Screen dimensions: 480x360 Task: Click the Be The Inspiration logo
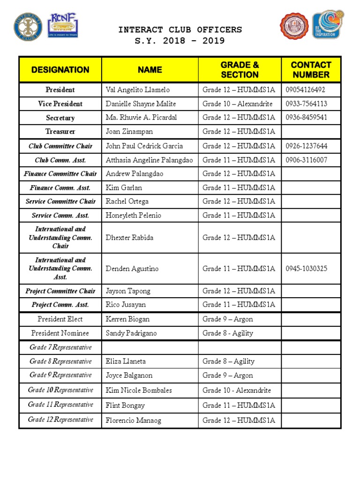click(328, 25)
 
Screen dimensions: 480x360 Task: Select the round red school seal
click(294, 26)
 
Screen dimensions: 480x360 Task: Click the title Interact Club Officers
click(180, 30)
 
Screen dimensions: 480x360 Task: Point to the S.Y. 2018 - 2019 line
click(180, 41)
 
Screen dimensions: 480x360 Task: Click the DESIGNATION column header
click(60, 70)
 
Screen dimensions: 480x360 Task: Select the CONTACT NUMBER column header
click(311, 70)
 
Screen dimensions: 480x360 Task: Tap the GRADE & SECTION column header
click(240, 70)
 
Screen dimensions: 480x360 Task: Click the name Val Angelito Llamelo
click(138, 90)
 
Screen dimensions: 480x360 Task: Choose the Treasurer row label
click(60, 132)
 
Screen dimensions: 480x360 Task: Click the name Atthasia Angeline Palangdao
click(149, 160)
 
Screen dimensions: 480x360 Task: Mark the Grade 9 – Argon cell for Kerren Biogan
click(227, 319)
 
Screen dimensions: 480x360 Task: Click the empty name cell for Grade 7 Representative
click(150, 347)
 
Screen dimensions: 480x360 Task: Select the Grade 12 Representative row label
click(60, 420)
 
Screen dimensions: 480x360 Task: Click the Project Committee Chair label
click(60, 291)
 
